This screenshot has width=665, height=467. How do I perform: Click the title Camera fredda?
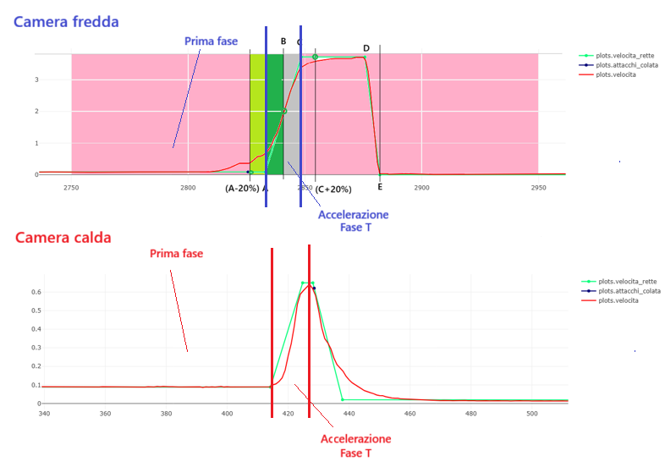click(66, 20)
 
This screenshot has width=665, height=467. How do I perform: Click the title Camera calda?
click(63, 238)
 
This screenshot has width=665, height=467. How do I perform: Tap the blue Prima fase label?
click(211, 41)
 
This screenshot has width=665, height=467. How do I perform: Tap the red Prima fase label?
click(176, 253)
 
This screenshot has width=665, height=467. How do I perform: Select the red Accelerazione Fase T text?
click(355, 447)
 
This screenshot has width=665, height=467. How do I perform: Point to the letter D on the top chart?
click(366, 48)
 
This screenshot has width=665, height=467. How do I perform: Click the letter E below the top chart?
click(380, 187)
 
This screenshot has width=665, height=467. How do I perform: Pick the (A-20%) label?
click(242, 189)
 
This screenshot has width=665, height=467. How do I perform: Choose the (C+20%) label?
click(333, 189)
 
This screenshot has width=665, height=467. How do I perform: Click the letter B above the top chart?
click(283, 41)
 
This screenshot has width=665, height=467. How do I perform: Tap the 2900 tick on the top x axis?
click(421, 187)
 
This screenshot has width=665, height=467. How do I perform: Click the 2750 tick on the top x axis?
click(71, 187)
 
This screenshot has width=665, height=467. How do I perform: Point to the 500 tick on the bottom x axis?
click(531, 414)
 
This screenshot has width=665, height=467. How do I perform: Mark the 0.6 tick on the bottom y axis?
click(30, 293)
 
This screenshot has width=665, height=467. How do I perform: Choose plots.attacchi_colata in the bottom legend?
click(629, 291)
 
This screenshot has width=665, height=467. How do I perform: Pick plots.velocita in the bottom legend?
click(617, 300)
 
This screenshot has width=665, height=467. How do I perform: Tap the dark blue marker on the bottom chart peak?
click(314, 288)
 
